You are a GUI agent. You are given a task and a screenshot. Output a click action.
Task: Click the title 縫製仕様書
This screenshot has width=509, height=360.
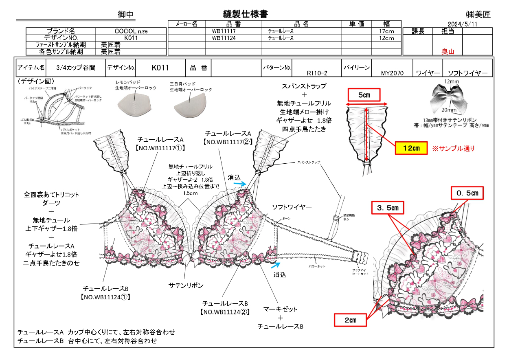[246, 14]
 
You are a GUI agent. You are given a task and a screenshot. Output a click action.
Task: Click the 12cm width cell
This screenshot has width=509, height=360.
[386, 38]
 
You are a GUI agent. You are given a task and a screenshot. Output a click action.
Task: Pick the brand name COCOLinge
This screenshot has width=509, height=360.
[131, 31]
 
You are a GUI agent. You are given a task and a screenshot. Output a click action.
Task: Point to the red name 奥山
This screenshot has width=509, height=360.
[448, 52]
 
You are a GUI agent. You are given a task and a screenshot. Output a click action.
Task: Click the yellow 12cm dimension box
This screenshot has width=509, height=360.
[411, 148]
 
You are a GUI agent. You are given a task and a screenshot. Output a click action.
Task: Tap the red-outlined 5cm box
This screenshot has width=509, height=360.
[364, 96]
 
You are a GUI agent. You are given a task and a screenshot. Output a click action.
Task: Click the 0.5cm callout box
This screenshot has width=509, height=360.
[467, 193]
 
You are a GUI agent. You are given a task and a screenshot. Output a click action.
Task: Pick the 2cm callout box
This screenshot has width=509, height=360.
[350, 320]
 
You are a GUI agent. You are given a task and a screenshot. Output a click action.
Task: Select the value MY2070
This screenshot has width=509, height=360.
[392, 73]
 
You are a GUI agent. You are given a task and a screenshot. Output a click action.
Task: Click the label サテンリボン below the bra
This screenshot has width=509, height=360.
[186, 285]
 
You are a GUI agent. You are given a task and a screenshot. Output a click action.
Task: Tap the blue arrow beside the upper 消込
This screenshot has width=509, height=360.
[241, 184]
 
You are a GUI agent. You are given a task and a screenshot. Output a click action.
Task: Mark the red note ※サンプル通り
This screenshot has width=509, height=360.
[453, 149]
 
